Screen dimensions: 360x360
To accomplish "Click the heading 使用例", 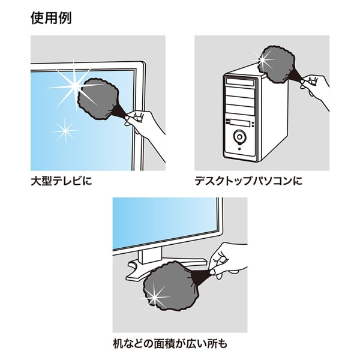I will click(51, 18).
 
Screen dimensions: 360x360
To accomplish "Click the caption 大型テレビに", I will click(62, 180).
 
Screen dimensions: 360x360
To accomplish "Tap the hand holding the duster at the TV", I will click(144, 123).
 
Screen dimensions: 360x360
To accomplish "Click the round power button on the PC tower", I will click(241, 137).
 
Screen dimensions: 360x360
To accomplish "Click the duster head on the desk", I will click(168, 288).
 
